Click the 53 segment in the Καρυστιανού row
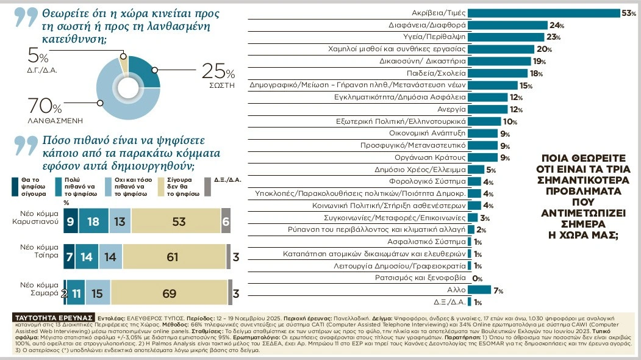tap(178, 222)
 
